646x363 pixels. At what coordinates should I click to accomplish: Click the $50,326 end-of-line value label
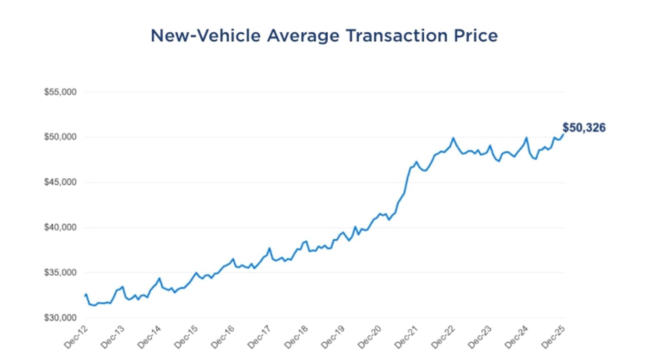(x=584, y=128)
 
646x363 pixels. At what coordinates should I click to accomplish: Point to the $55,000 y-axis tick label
(x=60, y=92)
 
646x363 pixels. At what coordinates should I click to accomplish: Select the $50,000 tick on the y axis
(x=60, y=137)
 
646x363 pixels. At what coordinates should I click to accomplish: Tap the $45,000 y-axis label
(x=60, y=182)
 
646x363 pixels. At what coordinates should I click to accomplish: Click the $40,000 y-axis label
(x=60, y=227)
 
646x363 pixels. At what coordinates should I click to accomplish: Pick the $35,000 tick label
(x=60, y=273)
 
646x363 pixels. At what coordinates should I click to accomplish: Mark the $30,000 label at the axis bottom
(x=60, y=318)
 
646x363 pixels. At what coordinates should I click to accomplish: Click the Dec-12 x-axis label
(x=76, y=337)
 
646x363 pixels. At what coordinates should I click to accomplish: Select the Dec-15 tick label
(x=186, y=337)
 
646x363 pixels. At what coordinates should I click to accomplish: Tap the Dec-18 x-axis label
(x=296, y=337)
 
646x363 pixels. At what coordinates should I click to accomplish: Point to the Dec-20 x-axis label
(x=370, y=337)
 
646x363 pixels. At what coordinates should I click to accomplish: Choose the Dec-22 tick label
(x=443, y=337)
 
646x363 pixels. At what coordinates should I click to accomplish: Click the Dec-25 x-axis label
(x=553, y=337)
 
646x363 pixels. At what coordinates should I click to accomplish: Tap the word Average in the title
(x=303, y=36)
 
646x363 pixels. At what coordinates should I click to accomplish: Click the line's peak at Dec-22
(x=453, y=138)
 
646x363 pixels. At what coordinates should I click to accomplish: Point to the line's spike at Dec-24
(x=526, y=138)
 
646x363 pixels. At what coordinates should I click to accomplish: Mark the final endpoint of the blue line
(x=563, y=134)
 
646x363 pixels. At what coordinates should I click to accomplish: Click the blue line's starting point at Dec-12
(x=85, y=296)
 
